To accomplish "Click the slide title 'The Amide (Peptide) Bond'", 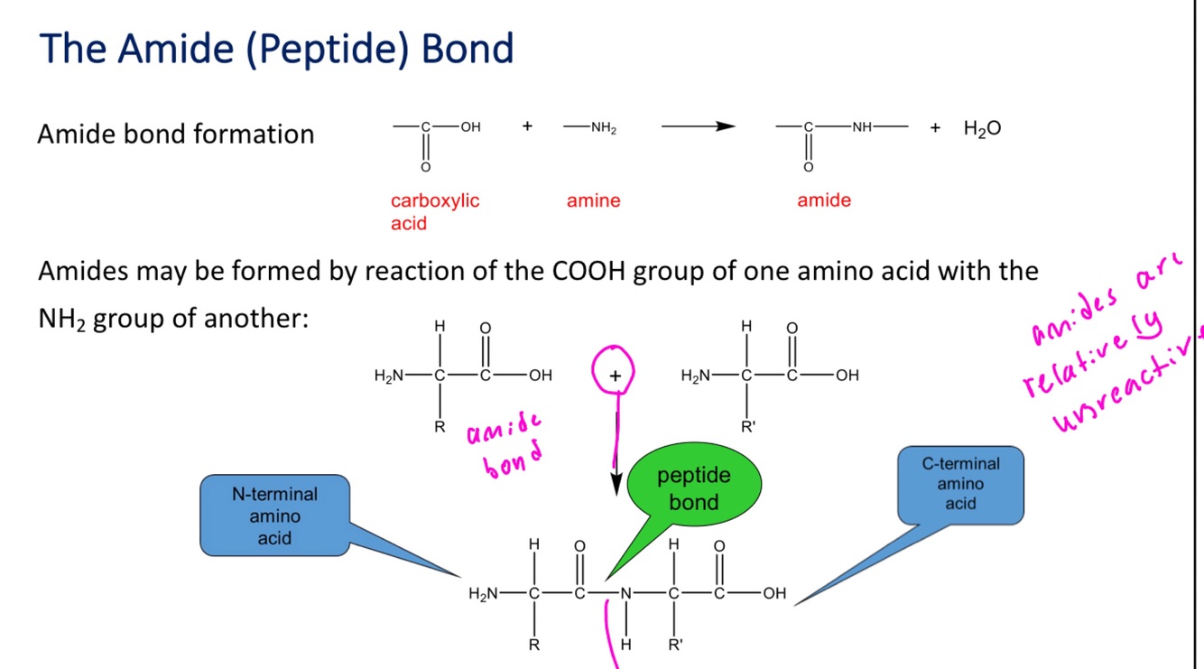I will [x=277, y=49].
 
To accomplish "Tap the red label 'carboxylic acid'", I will [x=434, y=211].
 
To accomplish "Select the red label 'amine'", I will [x=593, y=200].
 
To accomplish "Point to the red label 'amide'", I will [x=823, y=200].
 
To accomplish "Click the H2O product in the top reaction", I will [x=982, y=129].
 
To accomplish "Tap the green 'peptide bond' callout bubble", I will [x=693, y=488].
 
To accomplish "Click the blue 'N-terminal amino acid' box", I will [x=274, y=516].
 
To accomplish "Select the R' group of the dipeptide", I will [x=675, y=646].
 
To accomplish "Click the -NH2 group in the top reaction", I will [x=601, y=128].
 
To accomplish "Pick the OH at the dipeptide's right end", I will [x=773, y=594].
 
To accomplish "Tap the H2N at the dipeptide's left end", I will [x=483, y=594].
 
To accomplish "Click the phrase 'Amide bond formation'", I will [x=176, y=134].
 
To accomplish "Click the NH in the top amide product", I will [x=861, y=128].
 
